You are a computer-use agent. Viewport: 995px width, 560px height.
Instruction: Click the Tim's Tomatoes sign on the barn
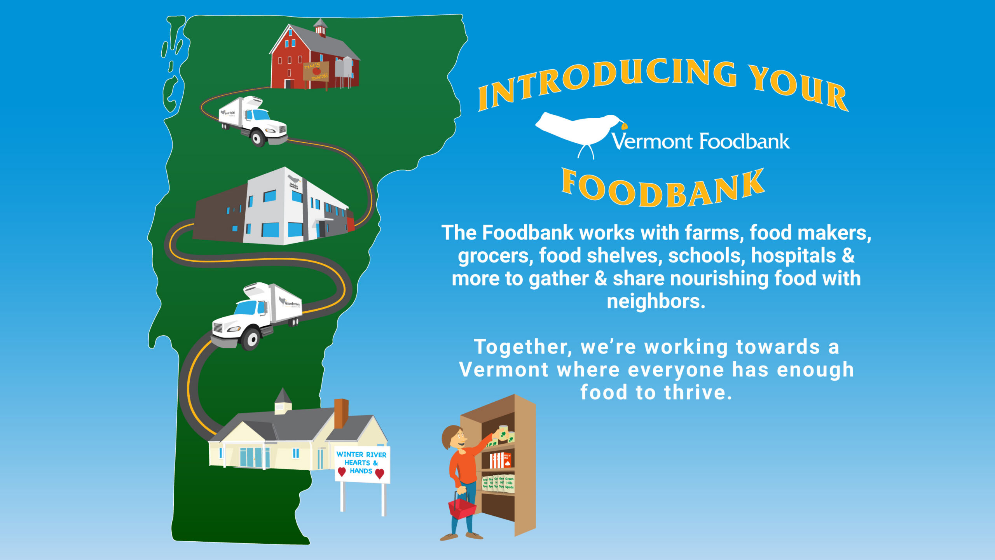click(x=316, y=71)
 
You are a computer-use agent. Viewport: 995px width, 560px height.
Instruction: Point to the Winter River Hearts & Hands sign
click(x=362, y=464)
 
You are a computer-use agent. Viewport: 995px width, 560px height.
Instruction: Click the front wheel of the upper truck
click(x=257, y=138)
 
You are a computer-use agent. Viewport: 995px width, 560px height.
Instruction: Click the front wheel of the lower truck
click(x=251, y=339)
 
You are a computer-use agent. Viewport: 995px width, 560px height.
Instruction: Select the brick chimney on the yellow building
click(x=341, y=413)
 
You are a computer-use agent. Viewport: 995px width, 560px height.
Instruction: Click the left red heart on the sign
click(x=342, y=472)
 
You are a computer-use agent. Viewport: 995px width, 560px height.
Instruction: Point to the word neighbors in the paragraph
click(x=656, y=301)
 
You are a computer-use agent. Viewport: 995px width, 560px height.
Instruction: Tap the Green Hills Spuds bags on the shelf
click(x=499, y=483)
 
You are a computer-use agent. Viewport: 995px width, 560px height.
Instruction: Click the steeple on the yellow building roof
click(x=283, y=401)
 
